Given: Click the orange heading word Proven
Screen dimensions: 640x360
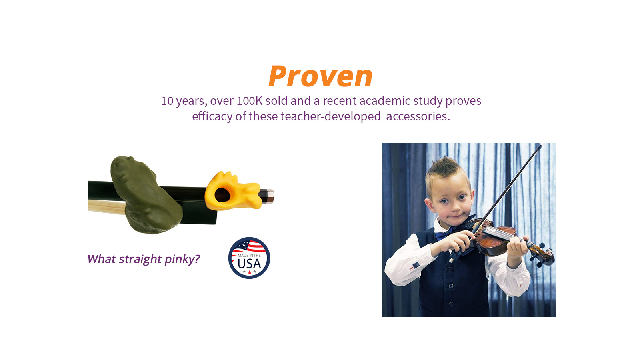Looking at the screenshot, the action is point(320,76).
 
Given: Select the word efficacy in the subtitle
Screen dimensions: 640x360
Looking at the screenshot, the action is point(212,117).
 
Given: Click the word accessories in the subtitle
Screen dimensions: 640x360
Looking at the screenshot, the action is point(418,116).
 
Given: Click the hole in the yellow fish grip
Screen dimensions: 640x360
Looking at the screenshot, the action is point(222,195).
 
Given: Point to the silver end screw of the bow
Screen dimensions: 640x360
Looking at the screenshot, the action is point(268,196).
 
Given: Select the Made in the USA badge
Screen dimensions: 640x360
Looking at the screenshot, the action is point(249,258).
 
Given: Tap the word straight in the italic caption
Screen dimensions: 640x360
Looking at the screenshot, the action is point(140,260).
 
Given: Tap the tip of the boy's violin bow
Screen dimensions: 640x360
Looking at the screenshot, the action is point(540,146).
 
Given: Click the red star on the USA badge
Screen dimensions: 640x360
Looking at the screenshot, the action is point(250,272).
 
